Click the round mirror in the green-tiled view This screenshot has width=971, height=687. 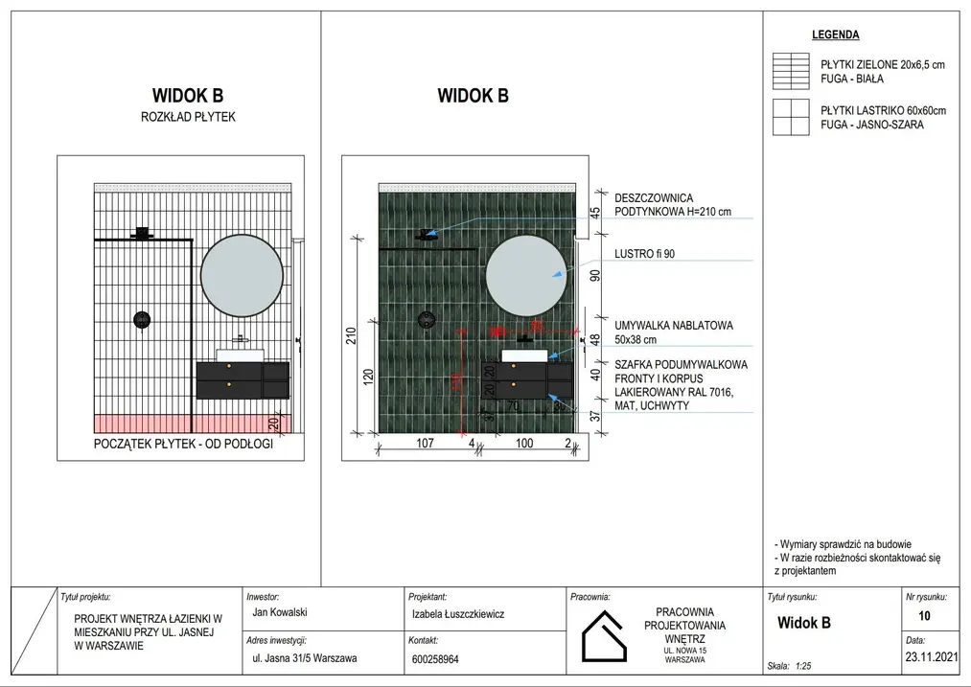526,274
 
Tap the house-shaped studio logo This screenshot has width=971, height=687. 605,636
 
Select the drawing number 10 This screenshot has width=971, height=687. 924,617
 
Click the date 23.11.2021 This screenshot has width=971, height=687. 930,657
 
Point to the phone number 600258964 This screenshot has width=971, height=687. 436,659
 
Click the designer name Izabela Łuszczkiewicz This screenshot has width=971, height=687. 458,614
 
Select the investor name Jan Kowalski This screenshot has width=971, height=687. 279,612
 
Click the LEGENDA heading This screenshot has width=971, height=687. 835,35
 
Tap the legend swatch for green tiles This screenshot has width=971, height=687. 791,71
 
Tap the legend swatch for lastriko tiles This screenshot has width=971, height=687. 791,117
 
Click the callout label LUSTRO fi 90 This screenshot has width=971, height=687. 647,255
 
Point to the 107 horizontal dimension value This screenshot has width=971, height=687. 426,444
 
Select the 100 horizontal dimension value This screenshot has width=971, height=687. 524,444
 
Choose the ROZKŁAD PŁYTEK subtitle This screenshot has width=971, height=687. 188,118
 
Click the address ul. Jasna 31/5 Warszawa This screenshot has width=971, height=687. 304,659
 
